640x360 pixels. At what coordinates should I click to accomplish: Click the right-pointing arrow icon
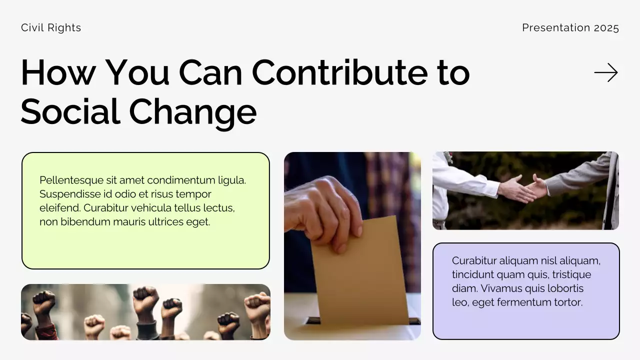[606, 73]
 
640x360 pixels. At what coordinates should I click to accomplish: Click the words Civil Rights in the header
[51, 28]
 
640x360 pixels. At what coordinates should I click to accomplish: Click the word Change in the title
[193, 112]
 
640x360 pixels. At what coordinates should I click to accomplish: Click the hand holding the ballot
[325, 210]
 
